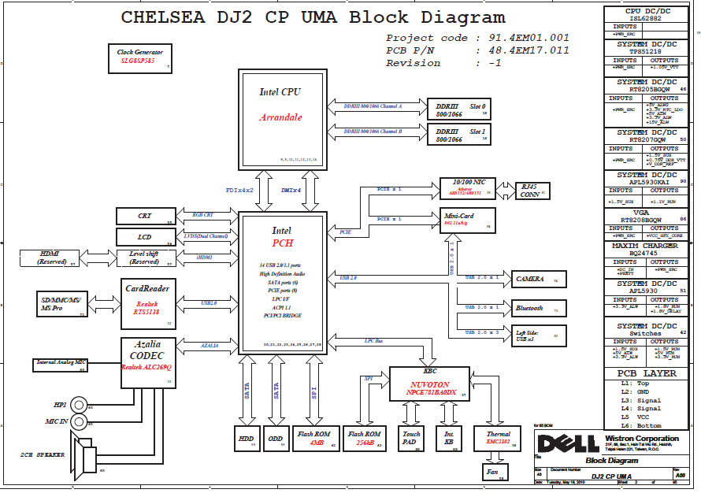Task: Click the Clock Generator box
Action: click(139, 57)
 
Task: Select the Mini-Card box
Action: click(468, 220)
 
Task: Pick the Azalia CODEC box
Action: click(147, 361)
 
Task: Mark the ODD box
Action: click(276, 439)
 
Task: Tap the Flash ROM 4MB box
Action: click(314, 439)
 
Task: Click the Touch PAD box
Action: click(411, 438)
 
